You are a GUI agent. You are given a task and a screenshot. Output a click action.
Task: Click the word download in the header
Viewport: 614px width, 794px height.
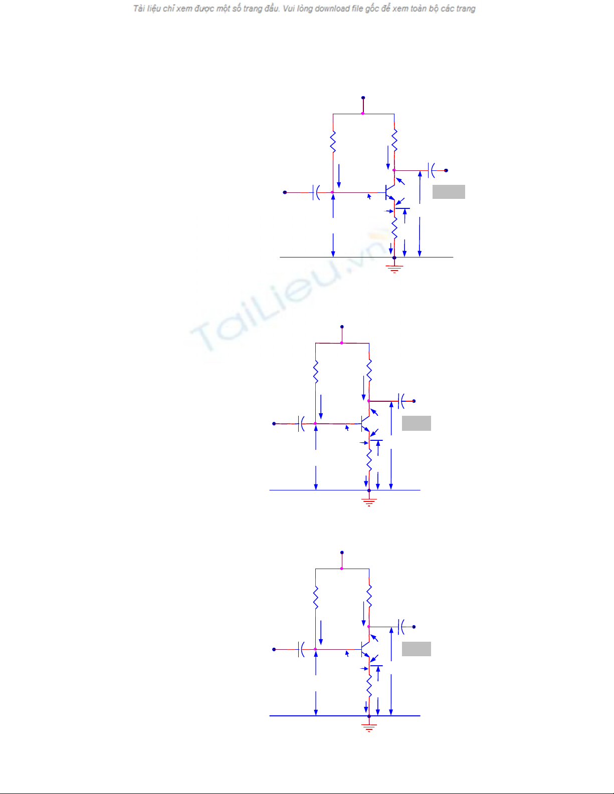[332, 9]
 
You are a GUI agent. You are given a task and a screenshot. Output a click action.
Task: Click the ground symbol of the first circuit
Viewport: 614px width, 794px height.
[394, 269]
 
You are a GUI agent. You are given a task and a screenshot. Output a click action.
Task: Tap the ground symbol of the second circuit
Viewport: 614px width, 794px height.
[369, 502]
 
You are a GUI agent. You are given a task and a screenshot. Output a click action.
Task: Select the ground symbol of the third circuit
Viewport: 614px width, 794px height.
[369, 727]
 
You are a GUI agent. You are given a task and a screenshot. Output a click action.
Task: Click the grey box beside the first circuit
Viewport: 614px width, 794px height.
[449, 192]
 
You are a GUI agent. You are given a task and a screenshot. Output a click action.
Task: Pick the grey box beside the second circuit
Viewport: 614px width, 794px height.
[416, 423]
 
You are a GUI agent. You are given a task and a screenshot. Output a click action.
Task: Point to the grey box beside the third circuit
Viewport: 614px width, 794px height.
[416, 649]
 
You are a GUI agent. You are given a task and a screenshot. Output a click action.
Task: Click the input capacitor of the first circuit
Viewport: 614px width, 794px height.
[316, 192]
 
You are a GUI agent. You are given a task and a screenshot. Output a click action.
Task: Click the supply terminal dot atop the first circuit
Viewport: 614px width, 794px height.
[363, 98]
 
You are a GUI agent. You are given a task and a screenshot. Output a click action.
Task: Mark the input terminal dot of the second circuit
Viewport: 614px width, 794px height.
[274, 424]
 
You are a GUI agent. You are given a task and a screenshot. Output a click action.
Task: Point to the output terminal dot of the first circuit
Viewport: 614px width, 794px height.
[446, 170]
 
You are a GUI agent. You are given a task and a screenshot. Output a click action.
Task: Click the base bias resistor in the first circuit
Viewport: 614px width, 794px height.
[333, 142]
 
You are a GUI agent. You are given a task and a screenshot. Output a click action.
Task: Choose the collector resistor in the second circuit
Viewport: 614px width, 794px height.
[369, 371]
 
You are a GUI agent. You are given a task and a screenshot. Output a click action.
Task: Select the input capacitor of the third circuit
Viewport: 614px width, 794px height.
[301, 649]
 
